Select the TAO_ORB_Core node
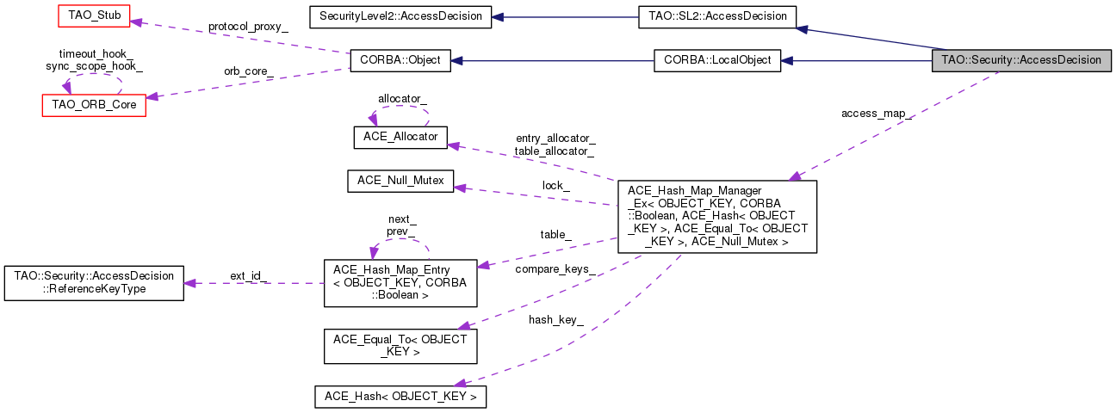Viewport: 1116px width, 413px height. pyautogui.click(x=94, y=105)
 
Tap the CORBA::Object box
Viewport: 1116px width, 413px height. pyautogui.click(x=400, y=61)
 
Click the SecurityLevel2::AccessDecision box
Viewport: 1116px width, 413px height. pyautogui.click(x=400, y=16)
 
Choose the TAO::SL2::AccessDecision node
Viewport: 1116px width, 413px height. pyautogui.click(x=717, y=16)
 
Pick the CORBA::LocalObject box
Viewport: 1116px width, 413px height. pyautogui.click(x=717, y=61)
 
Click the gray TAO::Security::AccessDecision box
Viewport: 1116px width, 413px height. pyautogui.click(x=1021, y=61)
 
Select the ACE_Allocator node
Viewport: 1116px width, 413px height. pyautogui.click(x=400, y=137)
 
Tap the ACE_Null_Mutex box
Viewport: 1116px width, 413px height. pyautogui.click(x=400, y=182)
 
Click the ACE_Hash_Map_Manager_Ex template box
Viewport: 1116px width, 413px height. pyautogui.click(x=717, y=216)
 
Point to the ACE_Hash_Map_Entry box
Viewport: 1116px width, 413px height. pyautogui.click(x=400, y=282)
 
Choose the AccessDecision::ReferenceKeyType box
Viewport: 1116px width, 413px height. pyautogui.click(x=94, y=282)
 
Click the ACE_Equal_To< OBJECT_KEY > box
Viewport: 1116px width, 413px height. pyautogui.click(x=400, y=346)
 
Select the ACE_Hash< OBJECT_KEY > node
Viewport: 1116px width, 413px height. pyautogui.click(x=400, y=397)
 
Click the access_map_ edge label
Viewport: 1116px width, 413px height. pyautogui.click(x=877, y=114)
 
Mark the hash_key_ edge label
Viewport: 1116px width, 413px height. pyautogui.click(x=556, y=319)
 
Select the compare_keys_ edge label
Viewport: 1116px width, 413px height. pyautogui.click(x=555, y=269)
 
